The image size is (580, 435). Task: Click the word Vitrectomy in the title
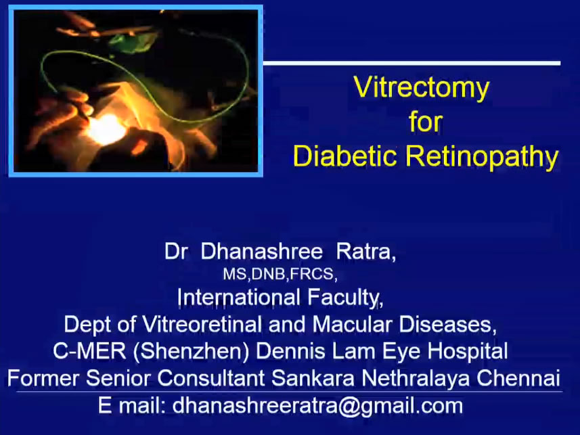422,89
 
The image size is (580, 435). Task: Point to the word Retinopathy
482,158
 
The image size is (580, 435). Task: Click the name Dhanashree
261,252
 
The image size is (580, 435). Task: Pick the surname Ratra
366,252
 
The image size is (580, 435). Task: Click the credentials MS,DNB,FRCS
280,274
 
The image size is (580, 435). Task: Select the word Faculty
345,298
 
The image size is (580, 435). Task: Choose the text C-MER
89,350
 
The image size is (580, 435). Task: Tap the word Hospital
467,351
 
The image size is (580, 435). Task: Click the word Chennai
518,378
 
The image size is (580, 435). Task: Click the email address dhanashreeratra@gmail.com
317,406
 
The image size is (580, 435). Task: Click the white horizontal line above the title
411,64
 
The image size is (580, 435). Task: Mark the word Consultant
211,378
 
